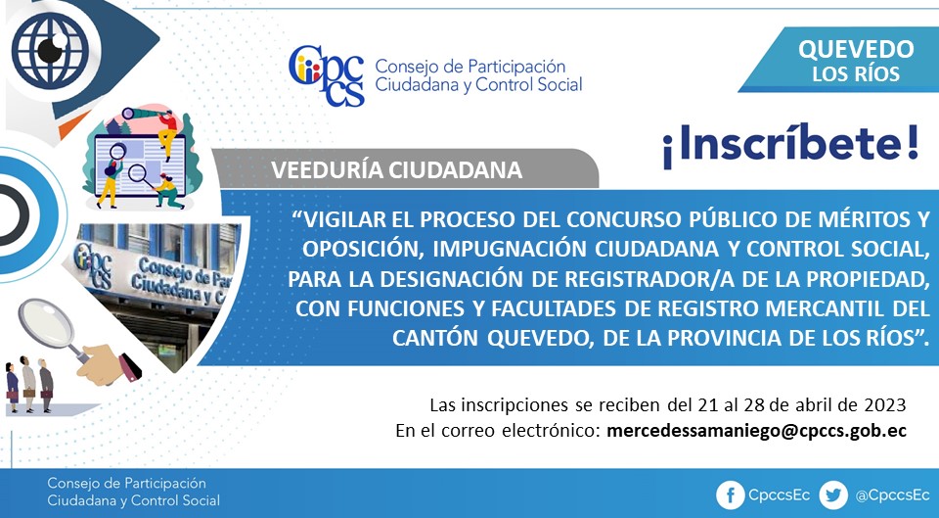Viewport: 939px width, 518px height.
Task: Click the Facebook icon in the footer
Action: pyautogui.click(x=730, y=495)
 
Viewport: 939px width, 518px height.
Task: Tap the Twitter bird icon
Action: pyautogui.click(x=833, y=495)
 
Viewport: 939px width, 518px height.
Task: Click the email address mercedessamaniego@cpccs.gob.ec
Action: pyautogui.click(x=756, y=431)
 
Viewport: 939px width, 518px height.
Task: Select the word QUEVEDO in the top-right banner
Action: pyautogui.click(x=856, y=50)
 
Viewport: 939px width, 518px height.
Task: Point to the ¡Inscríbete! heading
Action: pyautogui.click(x=790, y=146)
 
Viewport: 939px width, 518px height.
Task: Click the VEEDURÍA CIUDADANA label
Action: pyautogui.click(x=396, y=170)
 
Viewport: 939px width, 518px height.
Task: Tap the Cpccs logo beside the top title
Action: pyautogui.click(x=327, y=75)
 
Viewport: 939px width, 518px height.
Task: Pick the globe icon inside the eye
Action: pyautogui.click(x=50, y=50)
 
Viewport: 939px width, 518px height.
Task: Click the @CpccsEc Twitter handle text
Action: pyautogui.click(x=892, y=495)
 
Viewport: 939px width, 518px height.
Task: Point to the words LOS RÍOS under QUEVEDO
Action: pyautogui.click(x=856, y=74)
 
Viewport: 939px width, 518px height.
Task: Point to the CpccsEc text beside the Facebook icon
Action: pyautogui.click(x=780, y=495)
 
